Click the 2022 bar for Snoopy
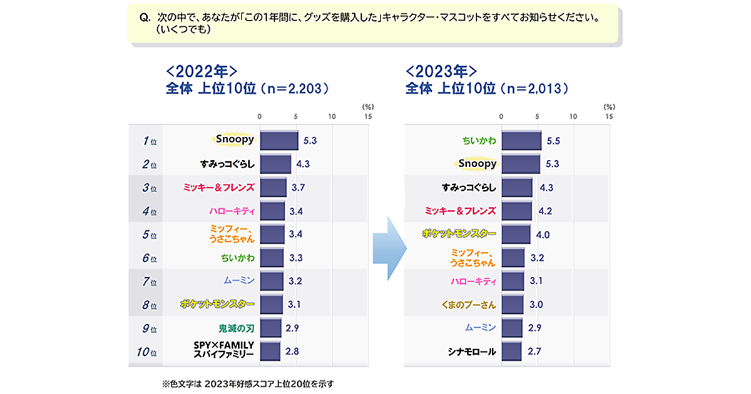tap(278, 141)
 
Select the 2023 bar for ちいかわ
tap(521, 141)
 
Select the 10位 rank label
tap(146, 351)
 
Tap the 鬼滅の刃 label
tap(236, 328)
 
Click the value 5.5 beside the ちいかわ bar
tap(553, 141)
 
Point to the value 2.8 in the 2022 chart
tap(292, 351)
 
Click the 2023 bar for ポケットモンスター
tap(516, 235)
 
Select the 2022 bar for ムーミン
tap(271, 281)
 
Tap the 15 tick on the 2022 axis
tap(368, 116)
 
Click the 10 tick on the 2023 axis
tap(573, 116)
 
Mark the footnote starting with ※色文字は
tap(248, 383)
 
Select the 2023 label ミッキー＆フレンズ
tap(461, 211)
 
